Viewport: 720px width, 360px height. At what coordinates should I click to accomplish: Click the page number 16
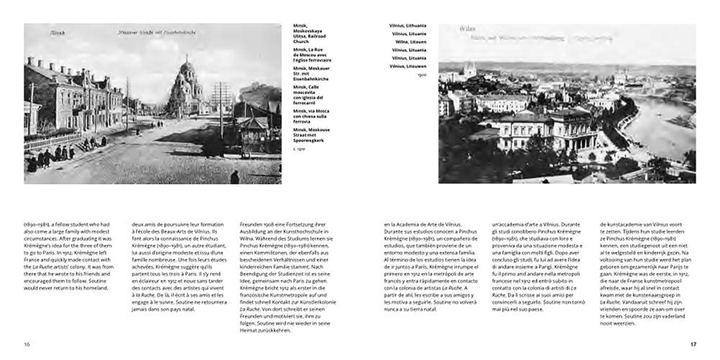[x=26, y=344]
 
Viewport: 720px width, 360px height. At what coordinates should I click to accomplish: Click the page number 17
[x=693, y=344]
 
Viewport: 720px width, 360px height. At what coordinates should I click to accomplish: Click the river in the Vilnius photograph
[x=668, y=120]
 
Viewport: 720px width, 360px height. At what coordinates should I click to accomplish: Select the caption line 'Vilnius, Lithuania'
[x=409, y=26]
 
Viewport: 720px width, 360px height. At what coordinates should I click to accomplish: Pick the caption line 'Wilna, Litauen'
[x=406, y=42]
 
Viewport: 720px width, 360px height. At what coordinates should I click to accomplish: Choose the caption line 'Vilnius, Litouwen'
[x=409, y=66]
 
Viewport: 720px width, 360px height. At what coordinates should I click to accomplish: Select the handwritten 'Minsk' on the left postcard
[x=37, y=33]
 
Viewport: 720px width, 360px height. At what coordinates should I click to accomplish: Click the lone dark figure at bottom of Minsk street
[x=234, y=178]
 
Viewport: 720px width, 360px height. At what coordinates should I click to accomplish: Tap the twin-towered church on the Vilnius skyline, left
[x=470, y=70]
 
